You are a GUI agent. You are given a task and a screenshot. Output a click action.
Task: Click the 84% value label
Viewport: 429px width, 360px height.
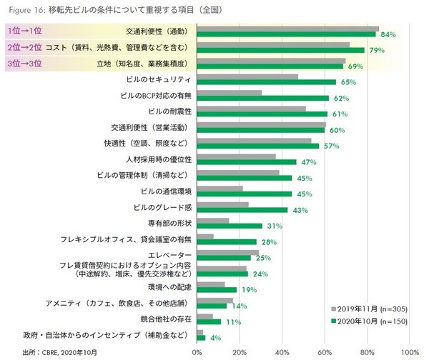(x=389, y=34)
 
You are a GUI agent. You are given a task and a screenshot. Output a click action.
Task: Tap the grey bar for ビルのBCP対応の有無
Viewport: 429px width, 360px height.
(x=230, y=92)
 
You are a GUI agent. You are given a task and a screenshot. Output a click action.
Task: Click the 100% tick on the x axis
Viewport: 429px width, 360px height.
(x=410, y=351)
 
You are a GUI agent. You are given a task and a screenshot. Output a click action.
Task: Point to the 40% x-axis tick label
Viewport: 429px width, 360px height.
(x=282, y=351)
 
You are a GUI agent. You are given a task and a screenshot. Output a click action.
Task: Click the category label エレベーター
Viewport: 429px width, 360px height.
(x=169, y=255)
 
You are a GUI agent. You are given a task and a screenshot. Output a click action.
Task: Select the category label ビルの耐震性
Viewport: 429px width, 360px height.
(x=168, y=111)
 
